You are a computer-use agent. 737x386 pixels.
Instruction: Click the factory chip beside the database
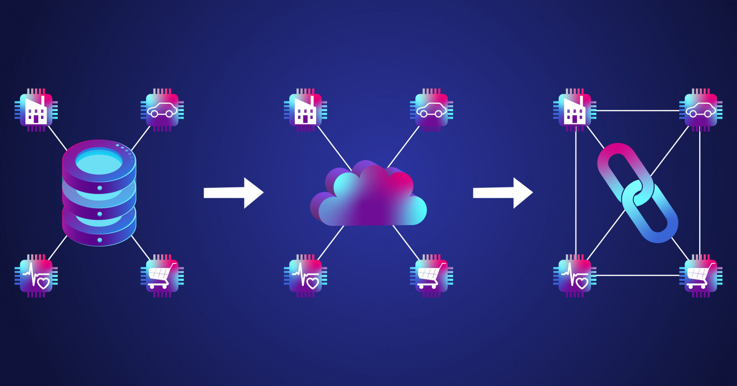pos(36,110)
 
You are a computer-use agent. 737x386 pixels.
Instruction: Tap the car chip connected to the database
pos(162,110)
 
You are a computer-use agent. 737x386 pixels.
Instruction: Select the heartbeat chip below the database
pos(36,276)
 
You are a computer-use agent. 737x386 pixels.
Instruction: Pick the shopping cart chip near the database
pos(162,276)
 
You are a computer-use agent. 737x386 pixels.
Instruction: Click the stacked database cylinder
pos(99,193)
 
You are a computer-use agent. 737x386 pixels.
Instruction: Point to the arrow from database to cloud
pos(233,193)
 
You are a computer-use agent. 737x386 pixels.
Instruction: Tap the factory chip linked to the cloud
pos(305,110)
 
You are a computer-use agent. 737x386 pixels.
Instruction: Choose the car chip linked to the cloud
pos(431,110)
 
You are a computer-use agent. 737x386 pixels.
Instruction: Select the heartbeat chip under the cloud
pos(305,276)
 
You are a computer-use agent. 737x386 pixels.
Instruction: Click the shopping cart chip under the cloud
pos(431,276)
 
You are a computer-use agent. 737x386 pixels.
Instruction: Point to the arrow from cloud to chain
pos(503,193)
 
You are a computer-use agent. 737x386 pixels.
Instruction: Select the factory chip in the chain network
pos(574,110)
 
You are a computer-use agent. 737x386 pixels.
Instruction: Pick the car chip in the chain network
pos(701,110)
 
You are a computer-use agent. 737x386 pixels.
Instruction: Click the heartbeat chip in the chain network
pos(574,276)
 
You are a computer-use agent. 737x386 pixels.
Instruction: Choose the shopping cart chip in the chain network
pos(701,276)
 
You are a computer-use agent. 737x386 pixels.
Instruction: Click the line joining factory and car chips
pos(638,110)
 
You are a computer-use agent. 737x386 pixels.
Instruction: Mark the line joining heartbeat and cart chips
pos(638,275)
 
